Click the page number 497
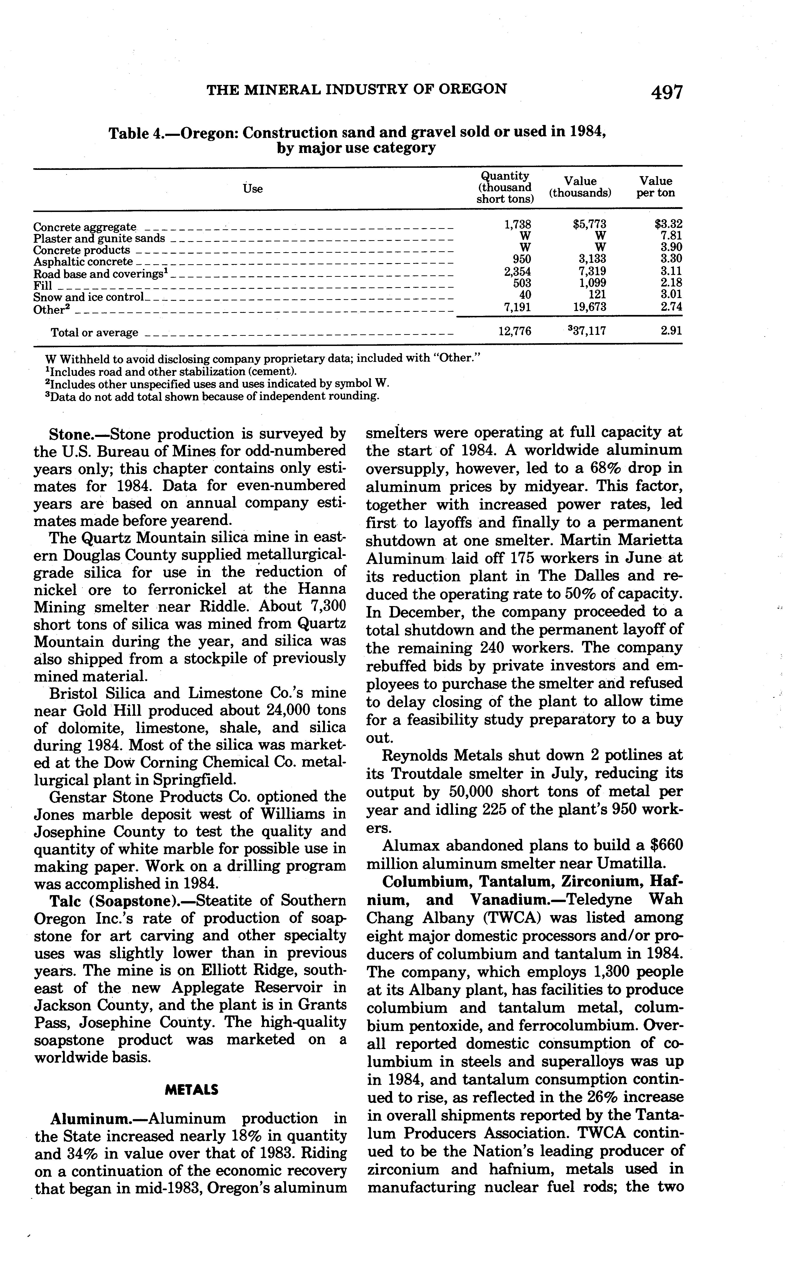point(667,92)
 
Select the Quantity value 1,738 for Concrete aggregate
point(518,224)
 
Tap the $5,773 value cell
point(589,224)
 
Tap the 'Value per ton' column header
point(655,187)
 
